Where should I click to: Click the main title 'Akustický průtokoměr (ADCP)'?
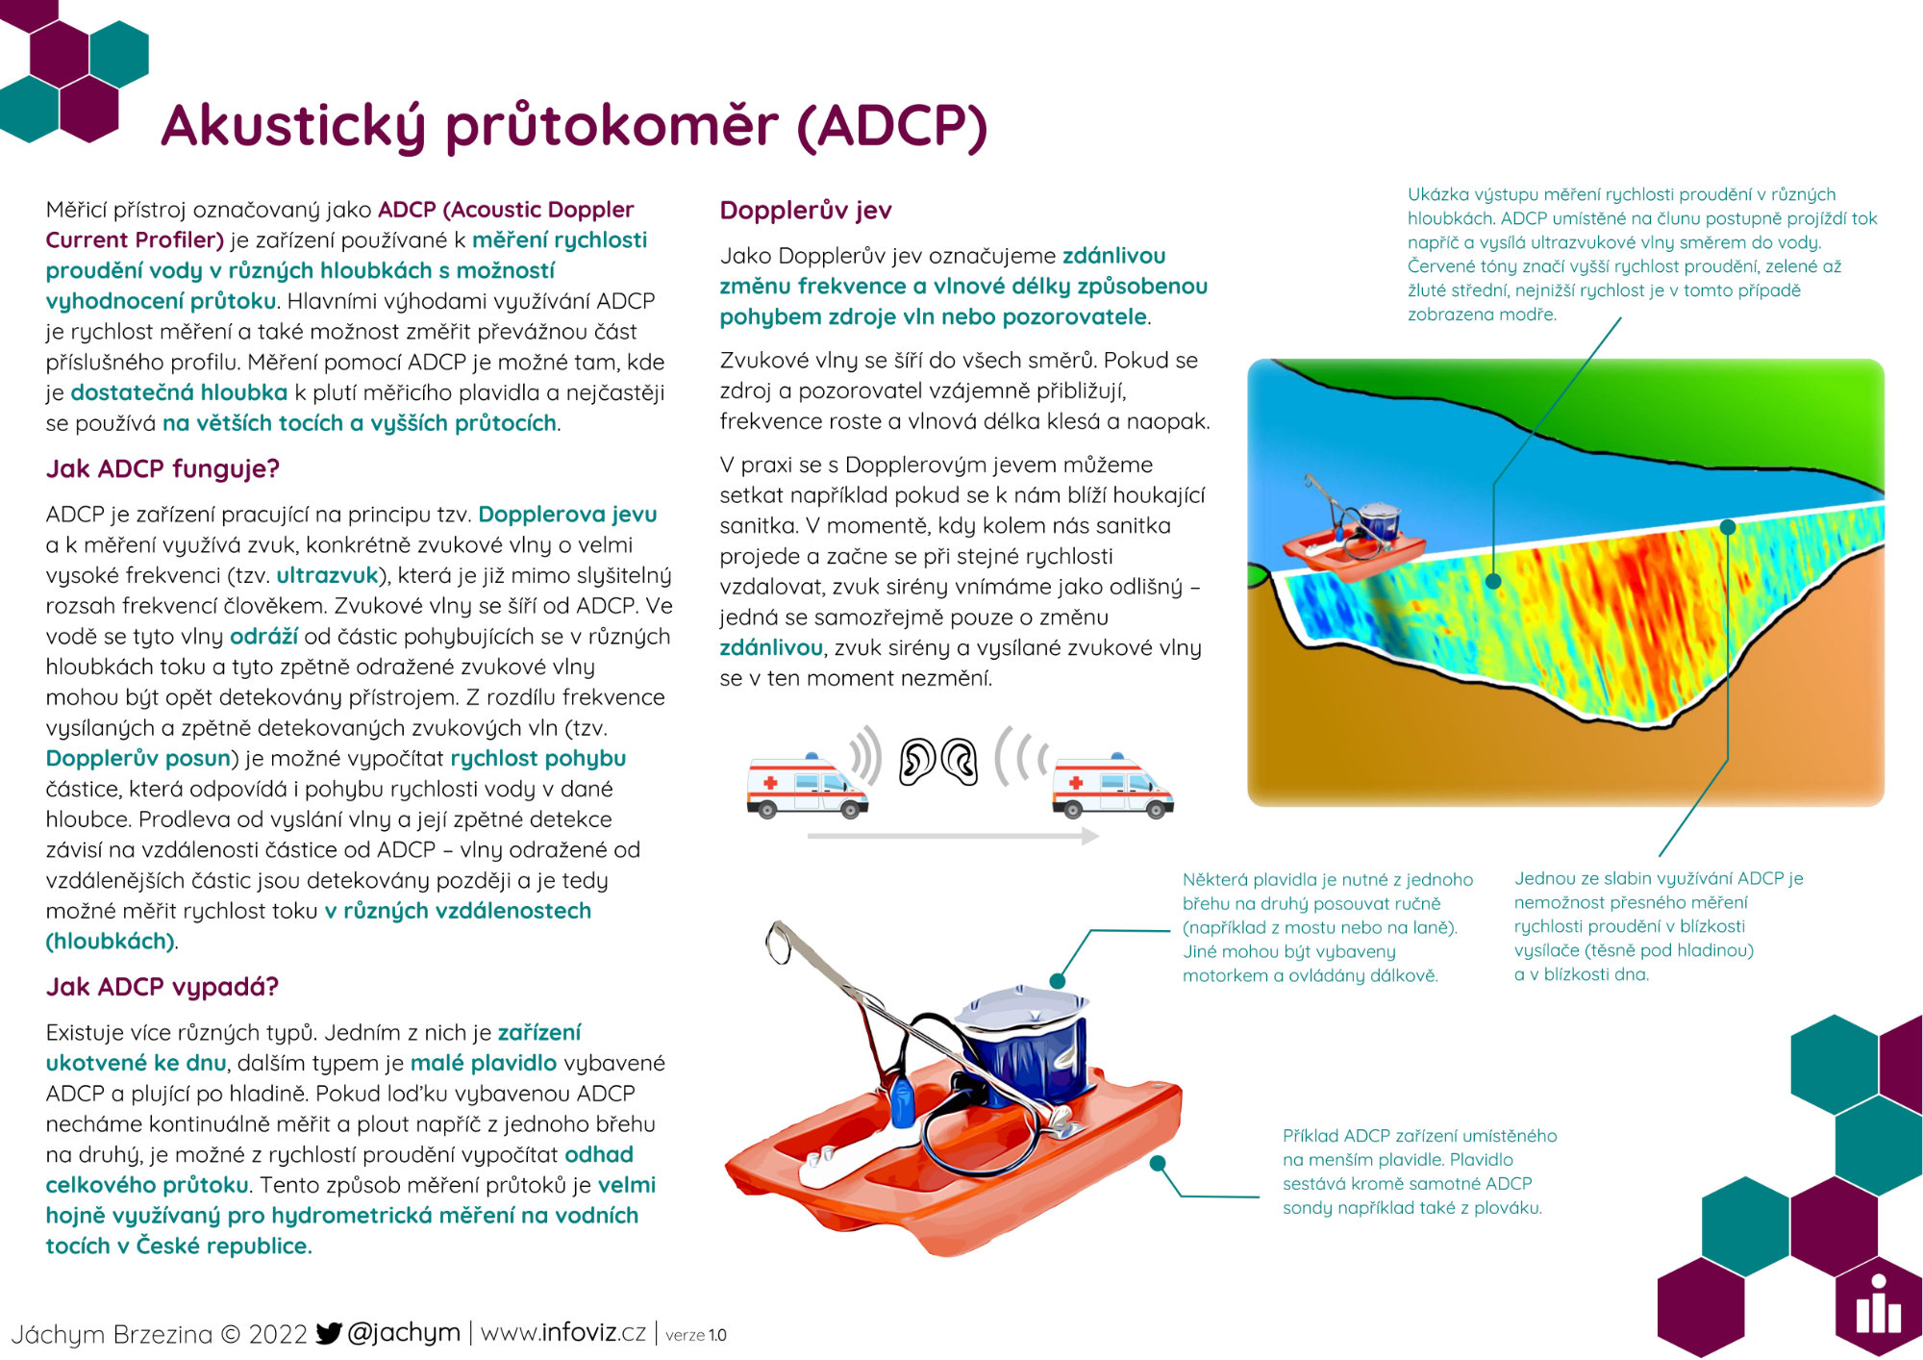(x=574, y=127)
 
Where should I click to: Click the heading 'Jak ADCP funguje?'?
(x=162, y=469)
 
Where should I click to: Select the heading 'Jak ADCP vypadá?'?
(x=162, y=987)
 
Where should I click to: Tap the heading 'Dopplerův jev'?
(x=806, y=211)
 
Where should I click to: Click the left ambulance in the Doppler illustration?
(x=807, y=785)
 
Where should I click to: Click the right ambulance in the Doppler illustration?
(x=1112, y=785)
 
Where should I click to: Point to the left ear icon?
(x=917, y=762)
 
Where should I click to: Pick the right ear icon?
(x=959, y=762)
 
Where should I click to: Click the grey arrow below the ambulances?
(x=953, y=836)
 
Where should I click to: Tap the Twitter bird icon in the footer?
(x=329, y=1333)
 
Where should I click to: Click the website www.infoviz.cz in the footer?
(x=562, y=1333)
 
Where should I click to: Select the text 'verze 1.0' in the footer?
(x=696, y=1335)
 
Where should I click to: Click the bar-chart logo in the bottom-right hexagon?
(x=1878, y=1305)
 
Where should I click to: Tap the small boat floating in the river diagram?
(x=1351, y=532)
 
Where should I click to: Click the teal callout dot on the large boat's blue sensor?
(x=1058, y=981)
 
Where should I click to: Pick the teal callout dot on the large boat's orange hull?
(x=1159, y=1163)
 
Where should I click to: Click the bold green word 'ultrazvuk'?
(x=327, y=575)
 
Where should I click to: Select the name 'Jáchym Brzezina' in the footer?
(x=112, y=1334)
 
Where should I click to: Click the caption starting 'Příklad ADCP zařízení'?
(x=1419, y=1171)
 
